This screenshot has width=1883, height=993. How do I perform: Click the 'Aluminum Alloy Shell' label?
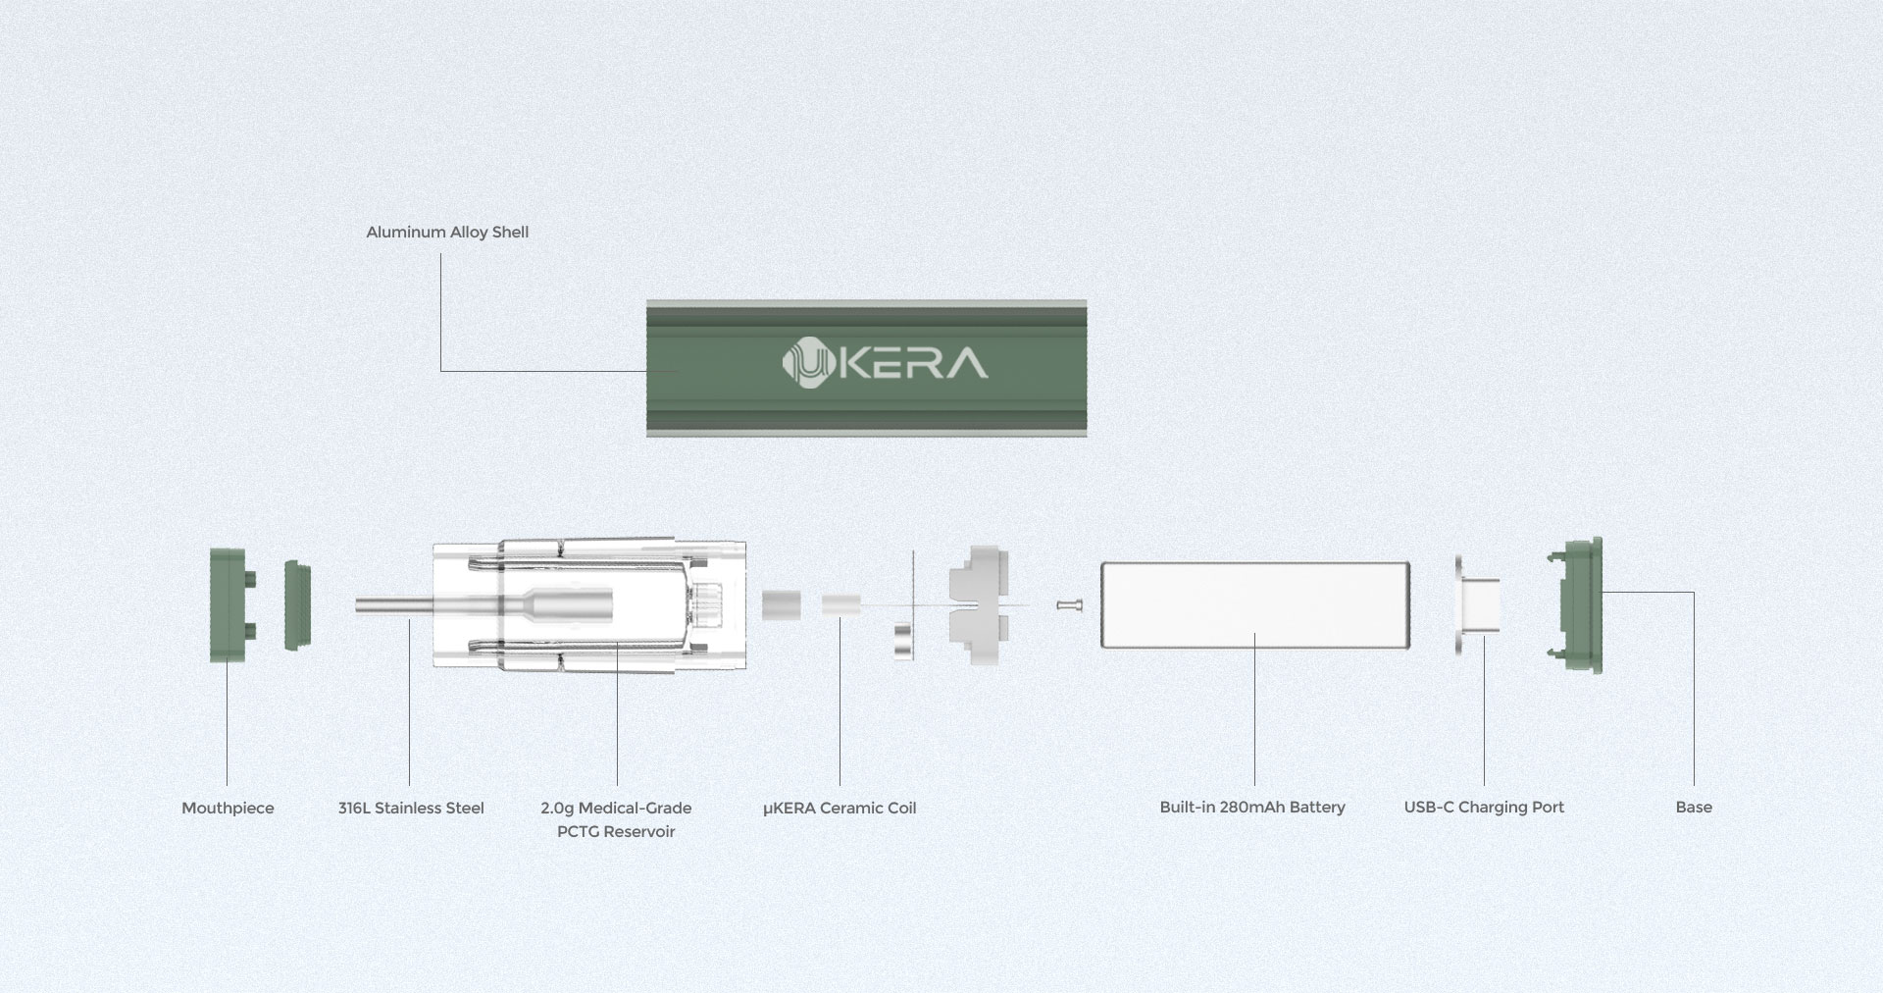coord(447,233)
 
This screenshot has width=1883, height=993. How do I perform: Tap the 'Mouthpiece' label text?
coord(228,809)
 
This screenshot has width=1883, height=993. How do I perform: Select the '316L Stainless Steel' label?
coord(411,809)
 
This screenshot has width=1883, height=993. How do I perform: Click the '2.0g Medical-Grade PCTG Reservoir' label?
coord(616,819)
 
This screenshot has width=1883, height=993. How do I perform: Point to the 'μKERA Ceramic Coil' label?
coord(840,809)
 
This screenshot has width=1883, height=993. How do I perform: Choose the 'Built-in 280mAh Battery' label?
coord(1252,808)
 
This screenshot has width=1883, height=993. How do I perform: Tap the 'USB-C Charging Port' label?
coord(1484,808)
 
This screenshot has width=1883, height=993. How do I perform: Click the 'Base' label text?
coord(1694,808)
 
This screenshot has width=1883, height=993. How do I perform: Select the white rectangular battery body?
coord(1255,604)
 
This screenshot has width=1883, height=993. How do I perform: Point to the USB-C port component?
coord(1476,605)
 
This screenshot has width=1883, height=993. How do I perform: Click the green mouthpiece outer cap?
coord(230,604)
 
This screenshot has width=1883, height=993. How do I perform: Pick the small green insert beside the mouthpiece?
coord(297,604)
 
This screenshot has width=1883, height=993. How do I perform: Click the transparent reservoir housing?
coord(589,605)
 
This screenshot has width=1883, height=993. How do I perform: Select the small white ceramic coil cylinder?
coord(840,604)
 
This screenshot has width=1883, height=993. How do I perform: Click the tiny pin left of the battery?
coord(1070,605)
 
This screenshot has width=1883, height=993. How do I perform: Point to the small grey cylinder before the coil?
coord(782,604)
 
